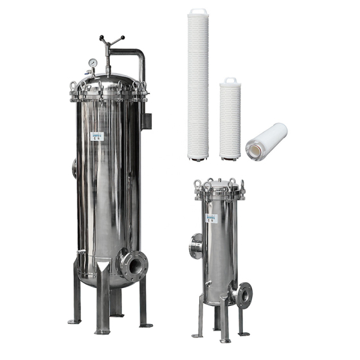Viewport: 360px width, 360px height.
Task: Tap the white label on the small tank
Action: (x=210, y=219)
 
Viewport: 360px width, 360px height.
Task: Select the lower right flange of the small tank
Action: (x=244, y=294)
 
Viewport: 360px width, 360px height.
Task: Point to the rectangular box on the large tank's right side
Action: (x=148, y=120)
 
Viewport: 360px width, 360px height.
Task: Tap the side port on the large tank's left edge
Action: (x=75, y=168)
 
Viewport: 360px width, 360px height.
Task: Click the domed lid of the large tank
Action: (x=109, y=82)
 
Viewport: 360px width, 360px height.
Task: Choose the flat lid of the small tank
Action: (x=219, y=187)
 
